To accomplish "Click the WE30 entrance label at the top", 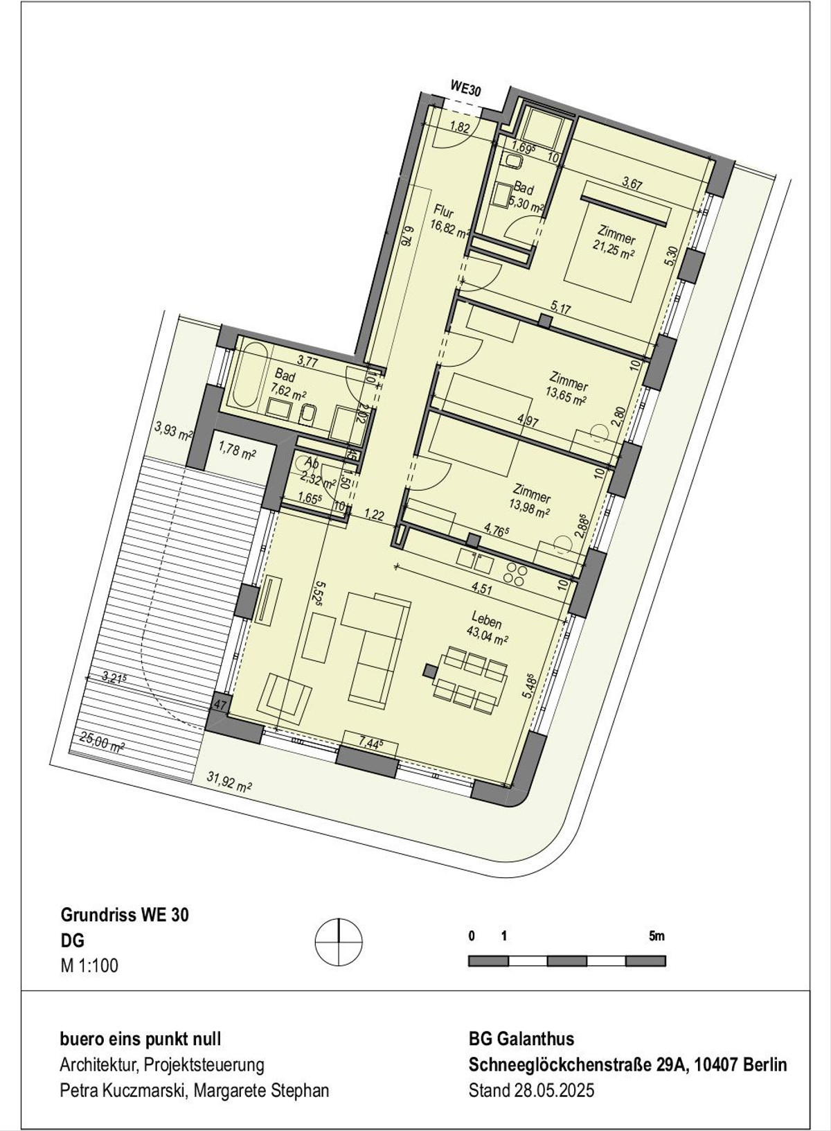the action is pyautogui.click(x=465, y=91).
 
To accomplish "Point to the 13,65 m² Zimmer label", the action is pyautogui.click(x=568, y=389).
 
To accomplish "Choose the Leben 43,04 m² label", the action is pyautogui.click(x=488, y=627).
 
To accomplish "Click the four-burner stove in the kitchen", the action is pyautogui.click(x=515, y=575).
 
